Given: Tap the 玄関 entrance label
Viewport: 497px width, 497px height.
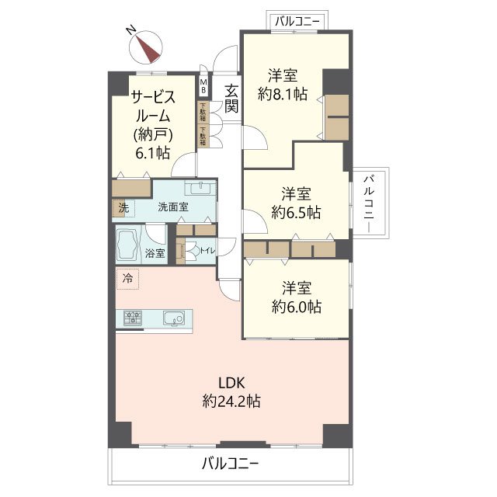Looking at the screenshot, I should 231,99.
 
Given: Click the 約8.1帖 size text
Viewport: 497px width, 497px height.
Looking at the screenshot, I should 283,95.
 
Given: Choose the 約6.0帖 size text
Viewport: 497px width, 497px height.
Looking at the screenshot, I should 296,306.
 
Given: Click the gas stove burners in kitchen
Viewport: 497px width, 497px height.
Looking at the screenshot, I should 132,318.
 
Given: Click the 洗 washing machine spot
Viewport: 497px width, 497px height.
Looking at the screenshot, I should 123,207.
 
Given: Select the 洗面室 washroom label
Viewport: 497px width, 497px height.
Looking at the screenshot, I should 173,207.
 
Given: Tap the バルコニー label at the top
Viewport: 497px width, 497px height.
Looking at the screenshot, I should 297,21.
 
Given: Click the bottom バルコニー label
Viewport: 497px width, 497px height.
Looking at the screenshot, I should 231,464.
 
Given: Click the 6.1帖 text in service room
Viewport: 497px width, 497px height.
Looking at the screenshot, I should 152,151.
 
